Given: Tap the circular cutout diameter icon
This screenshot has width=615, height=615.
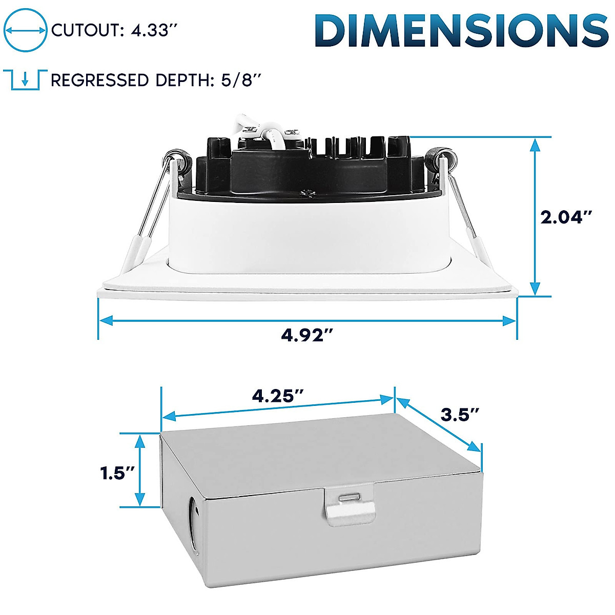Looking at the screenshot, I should tap(25, 30).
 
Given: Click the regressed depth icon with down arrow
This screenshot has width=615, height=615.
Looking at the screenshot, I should tap(25, 80).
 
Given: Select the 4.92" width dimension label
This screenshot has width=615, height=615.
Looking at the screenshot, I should tap(307, 335).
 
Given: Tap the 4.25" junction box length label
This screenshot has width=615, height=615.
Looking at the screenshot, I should tap(278, 396).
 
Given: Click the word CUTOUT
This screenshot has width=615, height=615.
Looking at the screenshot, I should tap(84, 30).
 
